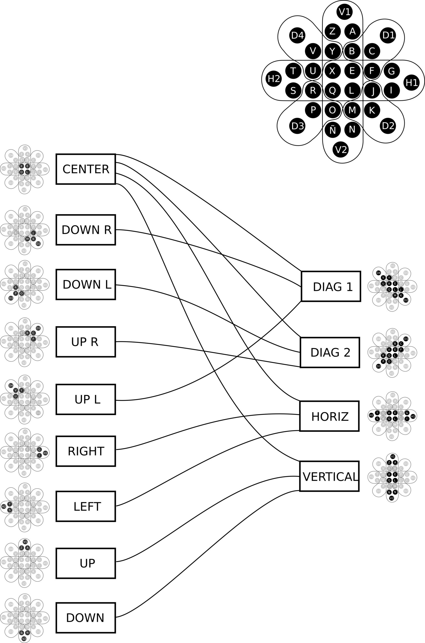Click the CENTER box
(x=86, y=169)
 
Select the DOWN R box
(x=86, y=230)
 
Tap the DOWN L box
(x=86, y=285)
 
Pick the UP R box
(x=86, y=342)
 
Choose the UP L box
(x=86, y=399)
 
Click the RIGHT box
(x=86, y=451)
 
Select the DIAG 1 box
(x=331, y=286)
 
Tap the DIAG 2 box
(x=330, y=352)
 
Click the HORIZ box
(x=329, y=416)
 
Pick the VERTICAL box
(x=329, y=476)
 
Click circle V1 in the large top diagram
(x=345, y=12)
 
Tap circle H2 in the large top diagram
(x=274, y=79)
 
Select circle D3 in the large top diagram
(x=297, y=126)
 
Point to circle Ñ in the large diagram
(x=332, y=130)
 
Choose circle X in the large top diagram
(x=332, y=71)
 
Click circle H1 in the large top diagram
(x=411, y=82)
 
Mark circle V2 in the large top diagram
(x=341, y=149)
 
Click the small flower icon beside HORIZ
(x=392, y=416)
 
